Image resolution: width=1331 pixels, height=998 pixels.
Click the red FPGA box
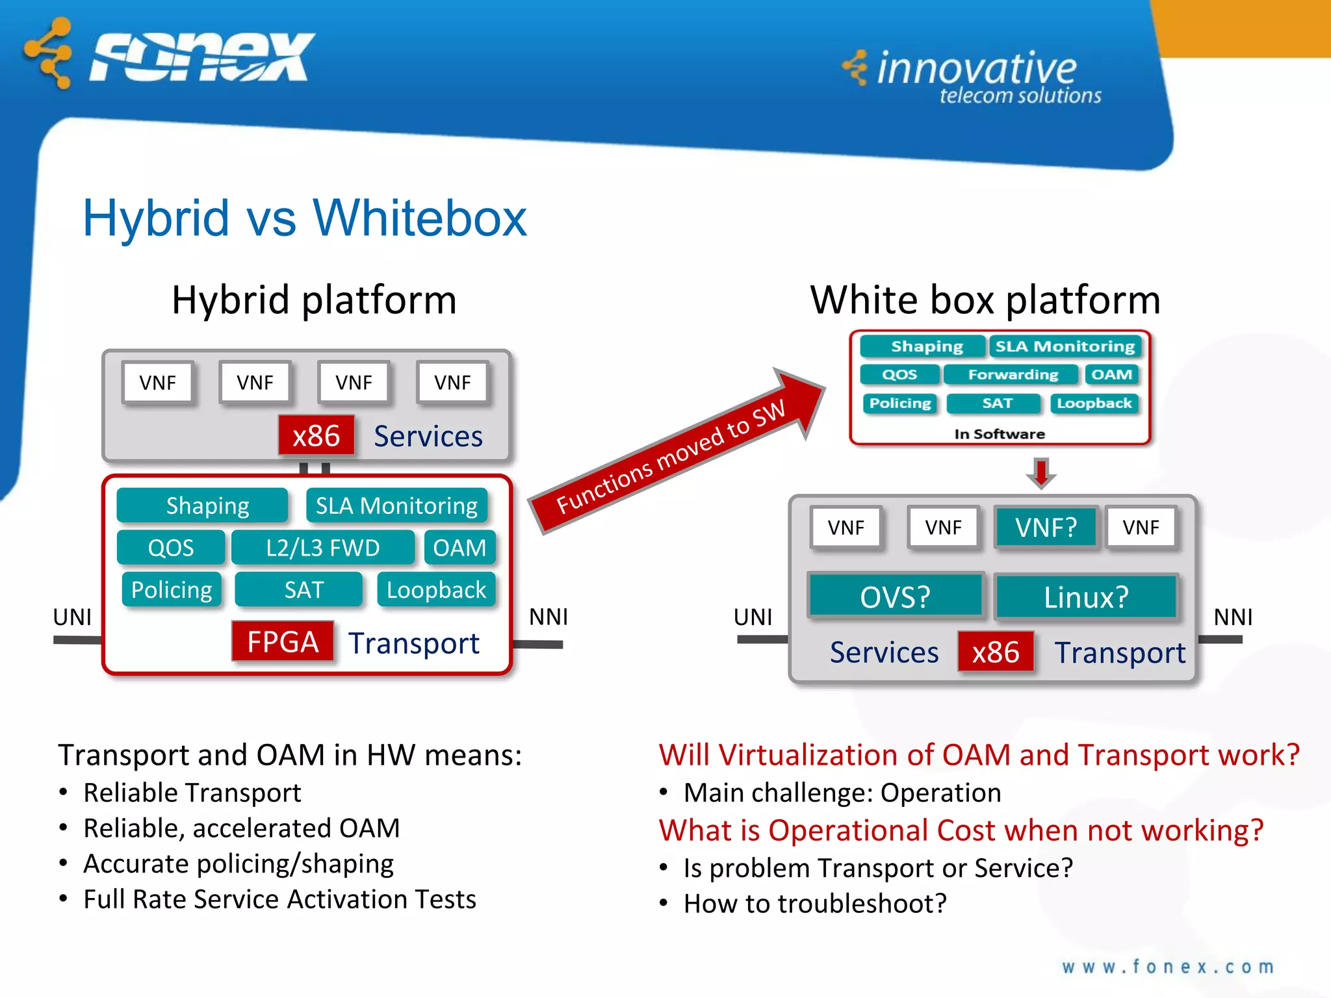pos(283,642)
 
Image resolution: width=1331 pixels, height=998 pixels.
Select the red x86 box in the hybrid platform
pos(317,435)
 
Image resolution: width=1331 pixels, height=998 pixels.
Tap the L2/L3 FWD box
pos(322,548)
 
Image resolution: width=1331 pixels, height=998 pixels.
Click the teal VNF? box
pos(1046,527)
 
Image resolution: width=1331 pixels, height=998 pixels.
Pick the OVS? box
pos(895,596)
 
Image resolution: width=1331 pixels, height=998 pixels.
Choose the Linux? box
pos(1086,596)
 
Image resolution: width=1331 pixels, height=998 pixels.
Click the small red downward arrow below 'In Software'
pos(1041,472)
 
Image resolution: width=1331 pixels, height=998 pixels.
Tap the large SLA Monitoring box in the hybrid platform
pos(396,505)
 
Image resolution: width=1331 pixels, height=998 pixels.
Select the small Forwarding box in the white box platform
pos(1013,375)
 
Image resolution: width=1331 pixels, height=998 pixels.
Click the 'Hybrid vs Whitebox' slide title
pos(304,218)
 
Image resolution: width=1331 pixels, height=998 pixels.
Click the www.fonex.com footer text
pos(1167,967)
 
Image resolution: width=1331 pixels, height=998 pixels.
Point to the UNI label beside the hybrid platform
pos(72,617)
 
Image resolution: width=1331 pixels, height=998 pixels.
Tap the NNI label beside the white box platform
pos(1233,617)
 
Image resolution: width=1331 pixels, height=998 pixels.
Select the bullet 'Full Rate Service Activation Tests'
pos(279,899)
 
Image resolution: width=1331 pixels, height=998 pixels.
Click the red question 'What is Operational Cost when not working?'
pos(961,830)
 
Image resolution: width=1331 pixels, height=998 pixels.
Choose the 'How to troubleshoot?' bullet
pos(815,904)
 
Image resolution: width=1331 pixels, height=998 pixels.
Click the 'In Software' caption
pos(1000,434)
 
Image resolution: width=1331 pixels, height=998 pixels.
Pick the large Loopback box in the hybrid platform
pos(436,590)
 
